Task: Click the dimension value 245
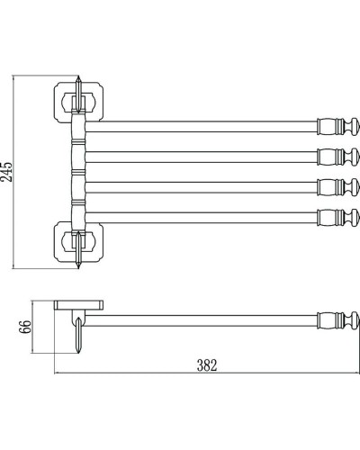pyautogui.click(x=6, y=172)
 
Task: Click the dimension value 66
pyautogui.click(x=25, y=327)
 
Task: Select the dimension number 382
pyautogui.click(x=207, y=365)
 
